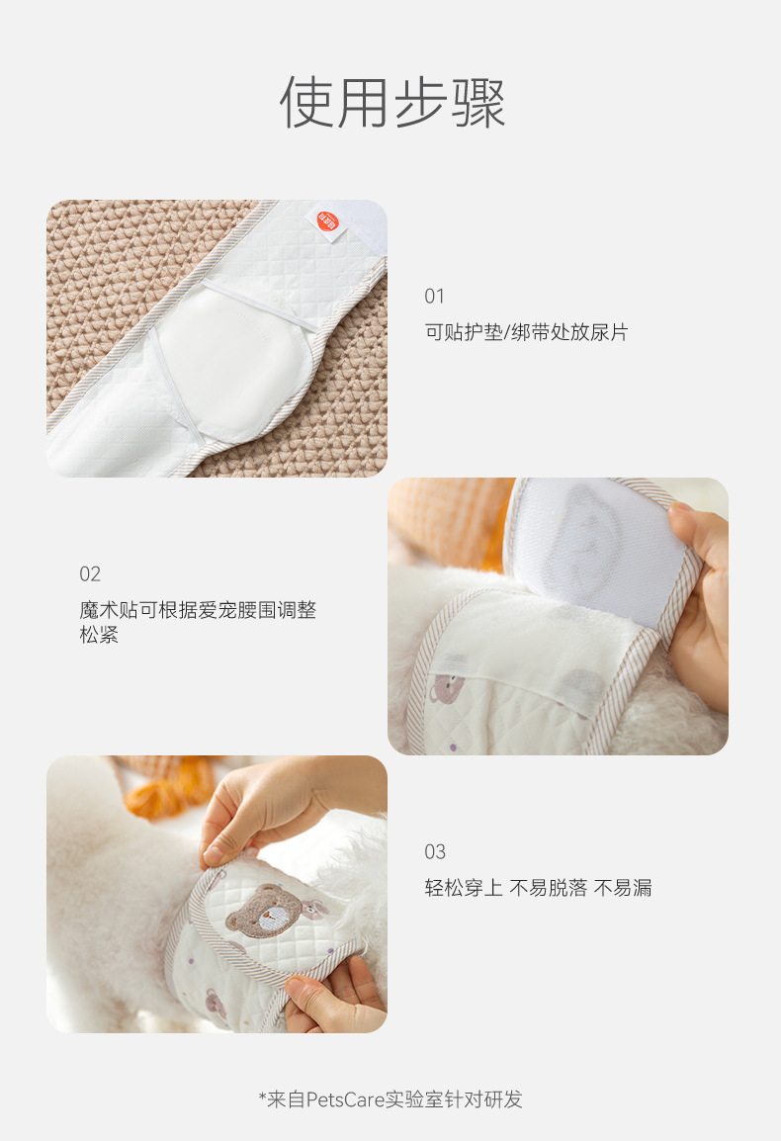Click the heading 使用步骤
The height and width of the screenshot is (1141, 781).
point(391,102)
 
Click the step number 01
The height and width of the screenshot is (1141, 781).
point(435,297)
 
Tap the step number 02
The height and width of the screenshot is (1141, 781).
point(90,574)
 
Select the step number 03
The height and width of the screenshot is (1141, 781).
point(435,851)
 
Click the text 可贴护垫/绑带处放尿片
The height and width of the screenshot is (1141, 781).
point(526,332)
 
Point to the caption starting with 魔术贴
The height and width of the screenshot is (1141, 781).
point(198,622)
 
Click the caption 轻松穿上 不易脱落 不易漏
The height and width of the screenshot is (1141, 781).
point(538,888)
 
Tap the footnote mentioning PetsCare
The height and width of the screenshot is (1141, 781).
point(390,1098)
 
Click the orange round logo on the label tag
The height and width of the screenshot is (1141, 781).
point(327,221)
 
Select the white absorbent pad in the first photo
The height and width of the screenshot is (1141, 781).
point(233,363)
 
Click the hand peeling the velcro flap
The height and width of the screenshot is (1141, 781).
point(700,604)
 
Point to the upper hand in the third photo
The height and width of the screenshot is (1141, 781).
point(277,808)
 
